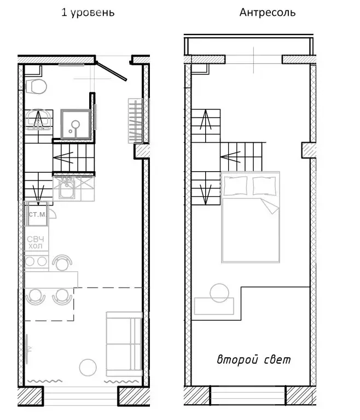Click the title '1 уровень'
(88, 13)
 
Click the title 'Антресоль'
(267, 13)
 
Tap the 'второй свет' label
(253, 359)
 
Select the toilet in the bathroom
(36, 86)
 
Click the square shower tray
(76, 124)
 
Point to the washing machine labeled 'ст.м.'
(37, 214)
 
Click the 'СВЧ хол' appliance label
(36, 242)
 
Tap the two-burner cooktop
(36, 261)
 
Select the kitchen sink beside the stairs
(67, 188)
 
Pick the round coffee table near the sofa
(88, 367)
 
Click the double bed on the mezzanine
(251, 217)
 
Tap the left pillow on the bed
(235, 185)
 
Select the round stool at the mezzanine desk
(219, 293)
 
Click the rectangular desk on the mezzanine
(214, 306)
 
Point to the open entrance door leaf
(111, 71)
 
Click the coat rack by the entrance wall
(135, 121)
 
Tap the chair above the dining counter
(62, 262)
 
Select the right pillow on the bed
(264, 185)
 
